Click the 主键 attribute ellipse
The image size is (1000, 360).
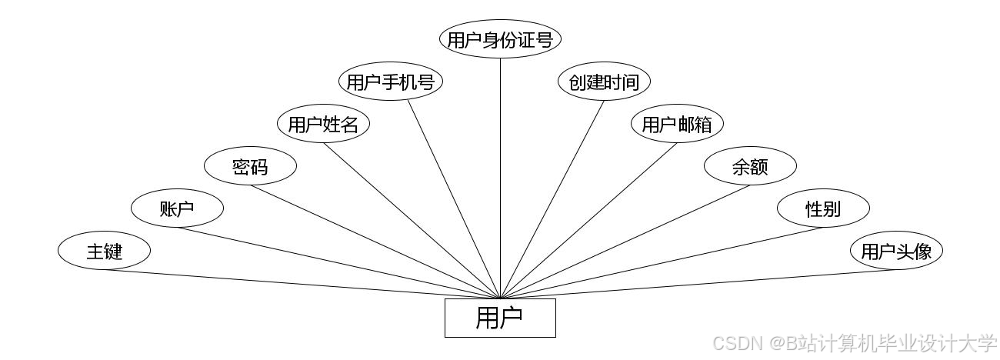click(x=104, y=251)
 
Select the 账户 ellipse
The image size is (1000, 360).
click(x=177, y=208)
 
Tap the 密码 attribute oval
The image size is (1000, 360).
click(x=250, y=166)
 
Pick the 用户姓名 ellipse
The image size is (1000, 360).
click(x=323, y=124)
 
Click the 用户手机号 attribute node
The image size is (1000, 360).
click(x=391, y=82)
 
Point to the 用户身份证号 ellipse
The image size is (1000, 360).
click(x=500, y=39)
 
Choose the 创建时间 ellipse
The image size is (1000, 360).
click(x=604, y=82)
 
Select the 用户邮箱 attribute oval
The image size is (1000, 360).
click(x=677, y=124)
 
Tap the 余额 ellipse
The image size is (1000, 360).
click(x=750, y=166)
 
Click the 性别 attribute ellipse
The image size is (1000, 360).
click(x=823, y=208)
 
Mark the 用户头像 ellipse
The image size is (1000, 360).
click(x=896, y=251)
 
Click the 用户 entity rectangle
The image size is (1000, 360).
click(x=500, y=318)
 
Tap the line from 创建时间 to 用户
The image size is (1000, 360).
click(x=552, y=198)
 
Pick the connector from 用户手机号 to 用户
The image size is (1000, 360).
click(x=454, y=198)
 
